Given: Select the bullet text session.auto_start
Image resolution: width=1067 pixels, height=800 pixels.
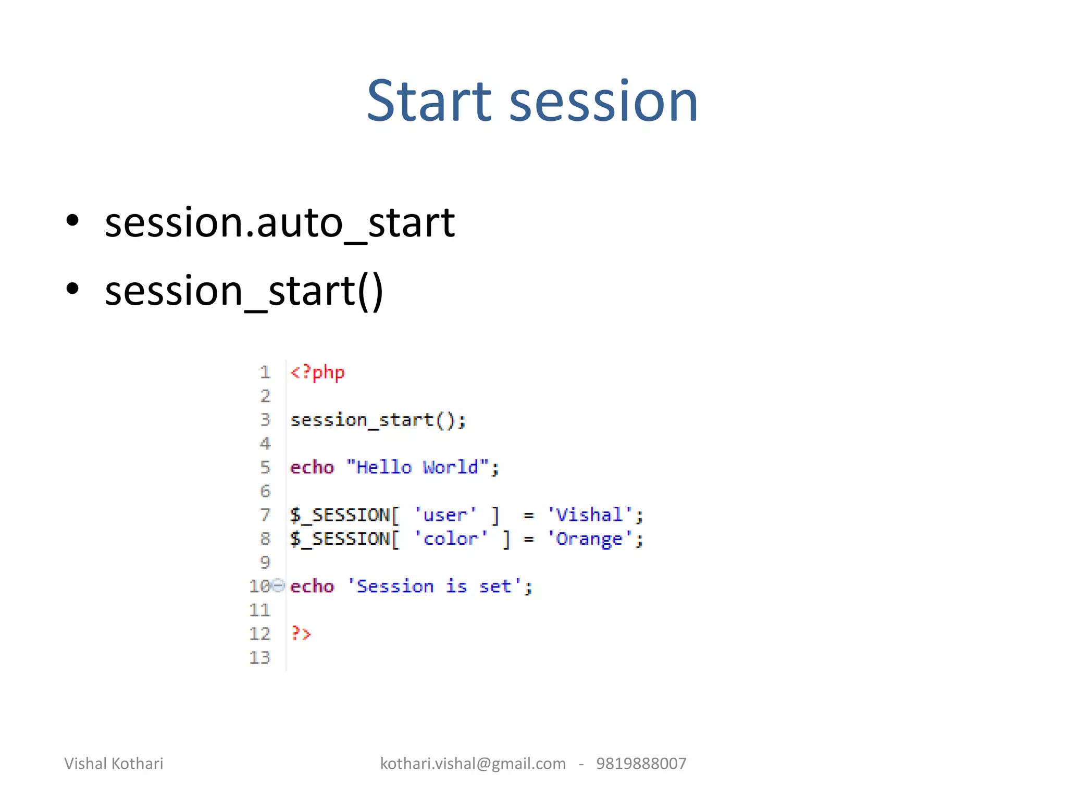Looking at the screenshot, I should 280,223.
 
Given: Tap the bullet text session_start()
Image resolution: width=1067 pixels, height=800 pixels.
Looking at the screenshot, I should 244,291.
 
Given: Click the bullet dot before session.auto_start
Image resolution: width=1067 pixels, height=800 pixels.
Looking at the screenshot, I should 72,221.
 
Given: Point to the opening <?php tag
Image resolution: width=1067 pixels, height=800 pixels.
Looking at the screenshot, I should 317,372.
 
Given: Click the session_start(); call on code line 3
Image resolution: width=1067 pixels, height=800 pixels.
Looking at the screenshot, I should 378,420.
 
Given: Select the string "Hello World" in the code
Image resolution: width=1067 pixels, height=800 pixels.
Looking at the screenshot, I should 417,467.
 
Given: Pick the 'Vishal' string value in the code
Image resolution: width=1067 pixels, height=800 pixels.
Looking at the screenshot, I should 589,515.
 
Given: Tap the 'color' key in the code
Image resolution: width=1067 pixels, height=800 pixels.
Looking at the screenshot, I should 451,539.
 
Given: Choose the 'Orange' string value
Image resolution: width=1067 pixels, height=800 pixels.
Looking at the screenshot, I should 589,539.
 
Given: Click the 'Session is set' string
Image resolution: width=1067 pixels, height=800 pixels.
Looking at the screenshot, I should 433,586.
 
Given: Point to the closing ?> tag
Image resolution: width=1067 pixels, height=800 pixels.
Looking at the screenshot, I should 301,634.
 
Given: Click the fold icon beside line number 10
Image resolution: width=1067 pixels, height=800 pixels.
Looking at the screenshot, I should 279,586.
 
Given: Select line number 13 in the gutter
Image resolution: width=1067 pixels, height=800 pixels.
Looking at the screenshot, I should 259,658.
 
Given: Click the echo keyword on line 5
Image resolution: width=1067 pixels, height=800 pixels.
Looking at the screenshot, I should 312,467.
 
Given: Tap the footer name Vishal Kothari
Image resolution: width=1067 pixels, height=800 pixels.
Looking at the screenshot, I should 114,764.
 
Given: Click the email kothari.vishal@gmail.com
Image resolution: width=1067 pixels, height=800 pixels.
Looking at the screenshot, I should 473,764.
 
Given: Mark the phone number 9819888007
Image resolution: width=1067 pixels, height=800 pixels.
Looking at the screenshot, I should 641,764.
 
